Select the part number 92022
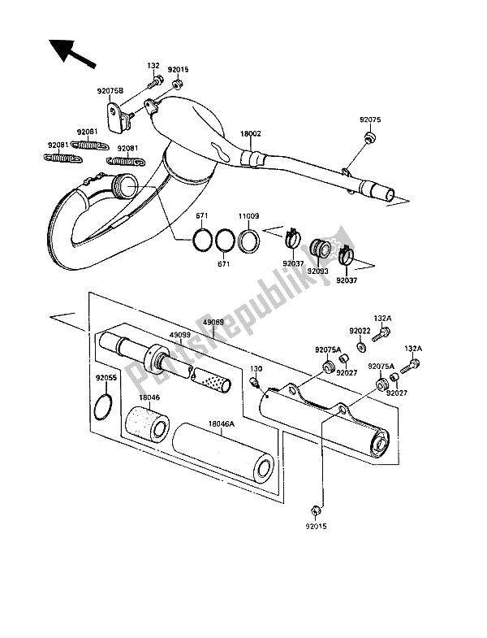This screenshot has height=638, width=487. point(360,332)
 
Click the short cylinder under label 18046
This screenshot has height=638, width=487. point(147,423)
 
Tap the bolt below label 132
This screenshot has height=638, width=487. point(154,82)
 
